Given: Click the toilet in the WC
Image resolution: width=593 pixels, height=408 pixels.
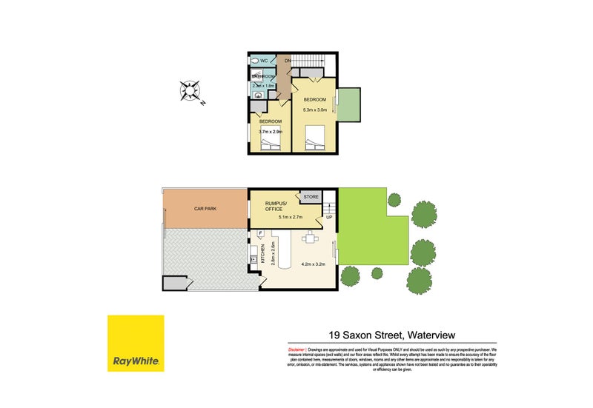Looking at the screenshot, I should point(254,61).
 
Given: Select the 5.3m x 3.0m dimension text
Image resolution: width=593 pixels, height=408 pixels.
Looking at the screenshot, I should point(314,110).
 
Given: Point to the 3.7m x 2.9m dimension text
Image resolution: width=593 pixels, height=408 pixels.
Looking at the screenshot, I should point(271,132).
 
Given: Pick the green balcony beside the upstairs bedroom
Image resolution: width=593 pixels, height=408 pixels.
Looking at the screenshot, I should point(349,103).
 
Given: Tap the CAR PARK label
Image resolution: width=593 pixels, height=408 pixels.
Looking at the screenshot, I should point(205,210).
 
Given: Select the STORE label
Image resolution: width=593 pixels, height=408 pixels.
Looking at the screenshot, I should point(309,197).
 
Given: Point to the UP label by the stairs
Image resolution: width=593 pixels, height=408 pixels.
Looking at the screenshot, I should point(328,218).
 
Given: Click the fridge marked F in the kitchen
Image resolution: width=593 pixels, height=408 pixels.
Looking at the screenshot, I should point(261,235).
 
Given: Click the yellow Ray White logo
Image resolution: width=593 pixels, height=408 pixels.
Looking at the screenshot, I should point(135,343).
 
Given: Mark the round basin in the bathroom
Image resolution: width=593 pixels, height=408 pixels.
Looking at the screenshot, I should point(257,95).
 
